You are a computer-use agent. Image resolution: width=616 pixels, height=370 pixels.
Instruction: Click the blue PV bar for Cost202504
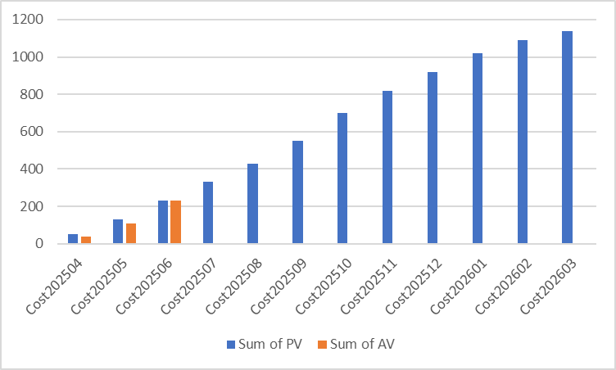pos(73,238)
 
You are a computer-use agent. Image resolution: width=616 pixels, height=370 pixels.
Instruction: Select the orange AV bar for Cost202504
pos(86,239)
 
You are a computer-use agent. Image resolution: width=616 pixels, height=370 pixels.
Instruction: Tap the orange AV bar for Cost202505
pos(131,233)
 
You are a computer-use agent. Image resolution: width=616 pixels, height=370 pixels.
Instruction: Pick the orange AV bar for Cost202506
pos(175,222)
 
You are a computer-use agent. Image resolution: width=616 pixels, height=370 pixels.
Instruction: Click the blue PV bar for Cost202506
pos(163,222)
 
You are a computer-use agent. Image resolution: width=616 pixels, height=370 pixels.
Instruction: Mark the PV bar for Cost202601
pos(477,148)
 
